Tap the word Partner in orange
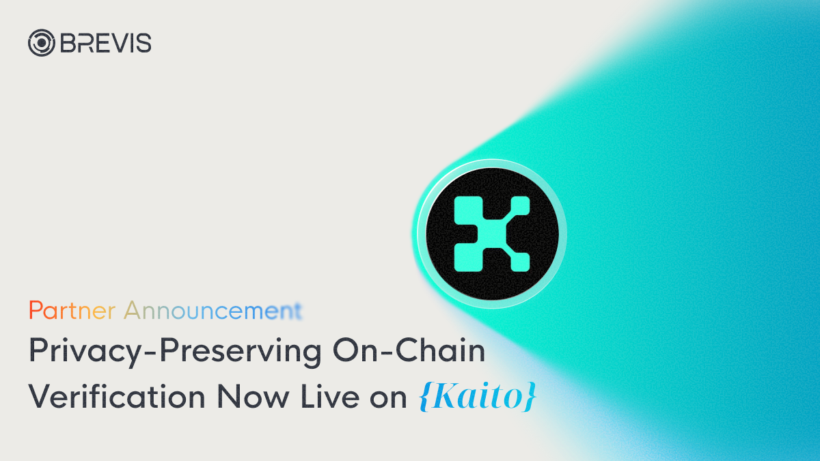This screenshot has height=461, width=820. pyautogui.click(x=72, y=311)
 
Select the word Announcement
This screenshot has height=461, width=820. pyautogui.click(x=213, y=311)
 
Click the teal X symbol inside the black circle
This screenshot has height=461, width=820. pyautogui.click(x=492, y=232)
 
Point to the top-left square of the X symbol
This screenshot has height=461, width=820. pyautogui.click(x=467, y=208)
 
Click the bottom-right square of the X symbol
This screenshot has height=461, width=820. pyautogui.click(x=517, y=257)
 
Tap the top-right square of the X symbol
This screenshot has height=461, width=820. pyautogui.click(x=517, y=208)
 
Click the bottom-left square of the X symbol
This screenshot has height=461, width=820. pyautogui.click(x=467, y=257)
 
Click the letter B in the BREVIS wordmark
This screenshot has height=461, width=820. pyautogui.click(x=66, y=43)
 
